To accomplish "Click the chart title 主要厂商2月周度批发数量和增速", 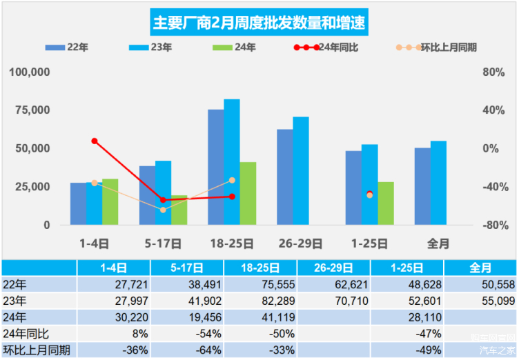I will click(x=259, y=23).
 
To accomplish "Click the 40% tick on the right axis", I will click(x=490, y=110).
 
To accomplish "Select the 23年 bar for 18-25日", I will click(x=232, y=162).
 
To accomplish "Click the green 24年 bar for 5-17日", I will click(x=179, y=210).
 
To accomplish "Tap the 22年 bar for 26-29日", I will click(x=285, y=177).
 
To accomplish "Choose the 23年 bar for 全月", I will click(x=438, y=183).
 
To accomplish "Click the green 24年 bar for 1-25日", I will click(x=386, y=203).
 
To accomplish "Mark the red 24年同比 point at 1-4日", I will click(x=95, y=141).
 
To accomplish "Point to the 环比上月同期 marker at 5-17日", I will click(x=163, y=210).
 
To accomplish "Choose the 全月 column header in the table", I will click(x=480, y=268).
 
